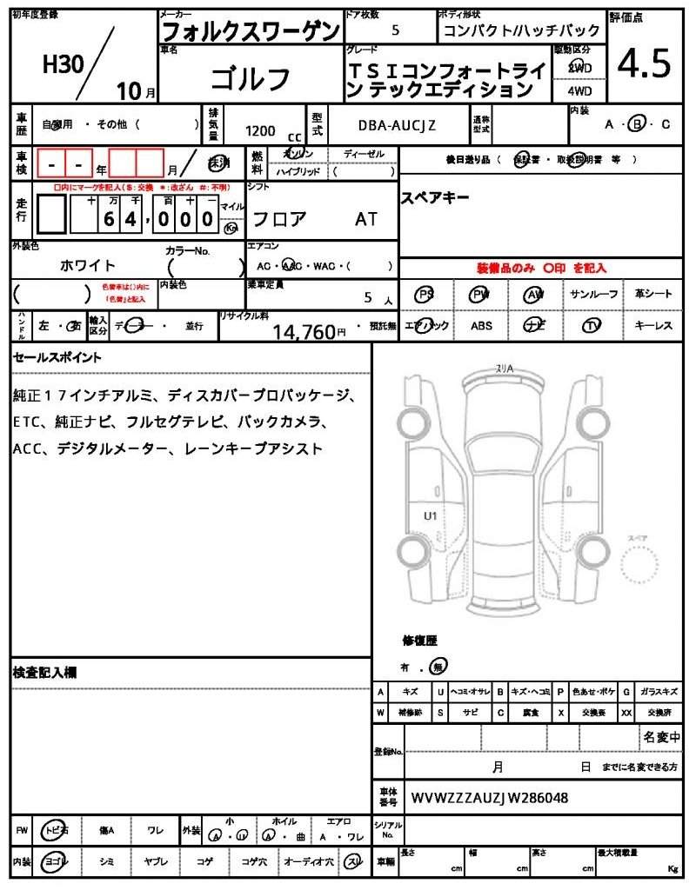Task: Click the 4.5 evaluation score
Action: coord(644,63)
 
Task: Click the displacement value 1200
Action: coord(260,130)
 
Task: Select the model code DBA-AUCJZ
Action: coord(397,125)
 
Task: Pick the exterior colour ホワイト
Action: coord(88,265)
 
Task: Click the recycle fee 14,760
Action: coord(304,331)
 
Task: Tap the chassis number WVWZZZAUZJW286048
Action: coord(490,797)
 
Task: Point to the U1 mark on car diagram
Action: coord(430,515)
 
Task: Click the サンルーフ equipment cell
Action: coord(594,295)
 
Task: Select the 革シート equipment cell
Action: coord(653,295)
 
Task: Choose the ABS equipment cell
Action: coord(481,326)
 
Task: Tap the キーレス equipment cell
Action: coord(653,326)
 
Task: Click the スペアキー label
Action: coord(435,197)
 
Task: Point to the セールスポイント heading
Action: coord(57,357)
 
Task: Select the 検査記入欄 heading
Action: coord(44,672)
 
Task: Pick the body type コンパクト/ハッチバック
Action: coord(521,30)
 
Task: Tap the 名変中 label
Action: coord(661,737)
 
